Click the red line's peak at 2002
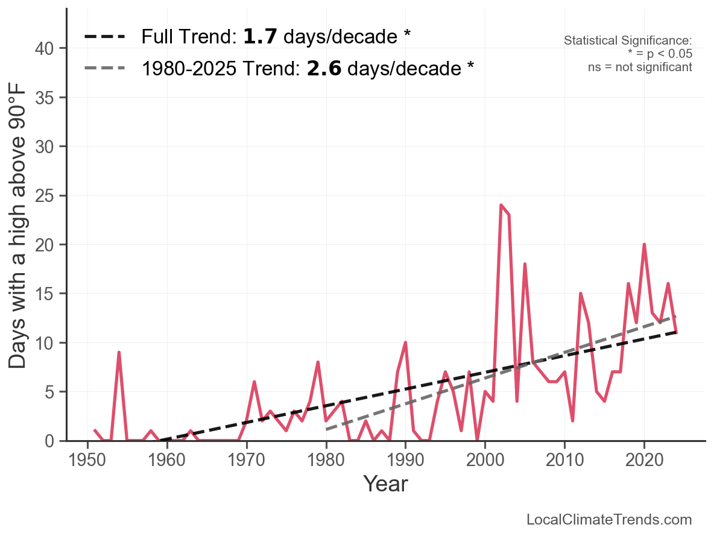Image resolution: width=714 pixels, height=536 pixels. tap(501, 205)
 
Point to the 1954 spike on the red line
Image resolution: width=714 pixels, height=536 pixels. tap(119, 352)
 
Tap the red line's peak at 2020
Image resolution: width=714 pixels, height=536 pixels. tap(644, 244)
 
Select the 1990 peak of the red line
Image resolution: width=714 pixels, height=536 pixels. tap(405, 342)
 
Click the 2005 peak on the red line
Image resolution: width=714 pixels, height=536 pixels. tap(525, 264)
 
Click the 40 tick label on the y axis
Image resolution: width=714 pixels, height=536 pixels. tap(46, 48)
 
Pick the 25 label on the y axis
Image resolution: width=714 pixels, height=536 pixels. tap(46, 196)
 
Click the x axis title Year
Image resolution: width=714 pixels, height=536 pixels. tap(385, 484)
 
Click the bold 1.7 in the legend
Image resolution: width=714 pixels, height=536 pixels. tap(261, 37)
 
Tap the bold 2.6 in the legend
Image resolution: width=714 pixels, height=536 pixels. tap(324, 68)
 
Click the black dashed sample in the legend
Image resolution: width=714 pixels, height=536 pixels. tap(105, 37)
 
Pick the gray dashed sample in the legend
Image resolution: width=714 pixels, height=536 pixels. tap(105, 68)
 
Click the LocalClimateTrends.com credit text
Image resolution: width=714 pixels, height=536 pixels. tap(609, 520)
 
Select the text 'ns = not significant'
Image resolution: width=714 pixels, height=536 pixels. tap(640, 67)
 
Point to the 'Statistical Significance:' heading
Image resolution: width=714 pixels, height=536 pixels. tap(628, 41)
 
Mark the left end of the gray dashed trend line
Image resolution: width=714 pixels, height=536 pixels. tap(326, 429)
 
